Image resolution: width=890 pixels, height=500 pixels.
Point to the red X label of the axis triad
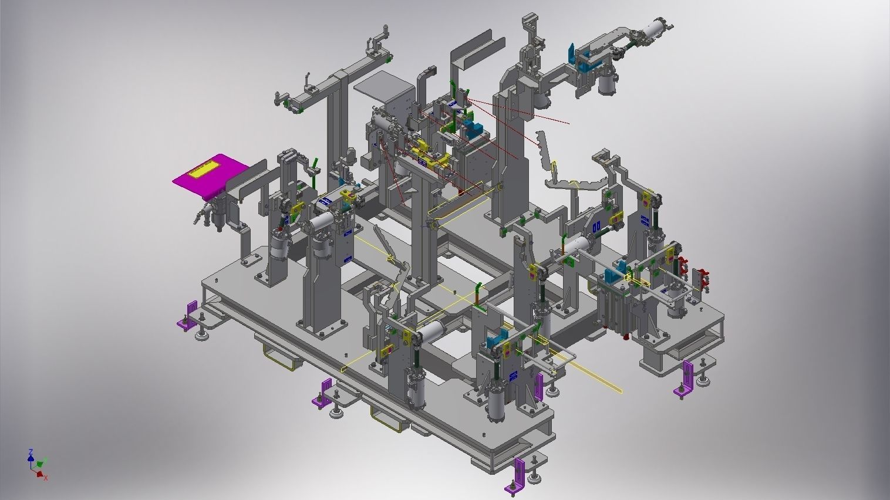pos(45,478)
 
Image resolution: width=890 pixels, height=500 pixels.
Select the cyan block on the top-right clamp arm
pos(571,53)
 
